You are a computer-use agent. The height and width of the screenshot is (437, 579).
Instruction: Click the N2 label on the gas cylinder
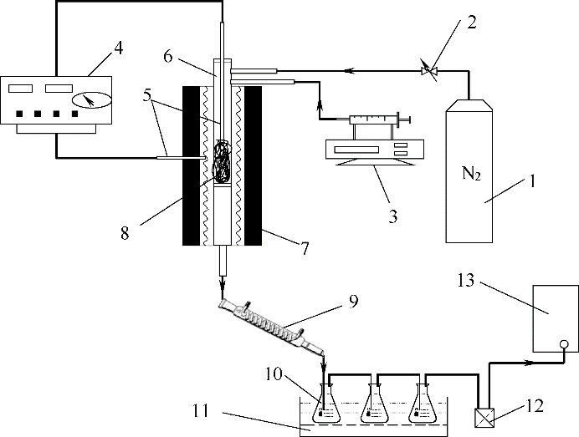pyautogui.click(x=472, y=173)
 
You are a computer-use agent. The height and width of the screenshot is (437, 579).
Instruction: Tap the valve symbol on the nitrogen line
pyautogui.click(x=429, y=70)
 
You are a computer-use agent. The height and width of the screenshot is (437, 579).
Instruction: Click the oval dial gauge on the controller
pyautogui.click(x=91, y=99)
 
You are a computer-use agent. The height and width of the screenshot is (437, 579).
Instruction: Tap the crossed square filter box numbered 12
pyautogui.click(x=484, y=418)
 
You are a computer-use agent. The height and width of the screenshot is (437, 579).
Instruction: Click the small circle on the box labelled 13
pyautogui.click(x=564, y=344)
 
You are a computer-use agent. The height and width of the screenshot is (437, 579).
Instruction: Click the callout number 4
pyautogui.click(x=117, y=48)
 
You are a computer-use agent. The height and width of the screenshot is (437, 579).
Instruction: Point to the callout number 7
pyautogui.click(x=304, y=248)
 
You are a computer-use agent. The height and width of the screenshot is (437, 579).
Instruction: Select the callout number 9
pyautogui.click(x=352, y=302)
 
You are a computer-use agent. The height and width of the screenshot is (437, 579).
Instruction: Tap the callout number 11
pyautogui.click(x=201, y=410)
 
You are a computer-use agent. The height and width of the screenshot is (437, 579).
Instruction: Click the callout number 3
pyautogui.click(x=393, y=216)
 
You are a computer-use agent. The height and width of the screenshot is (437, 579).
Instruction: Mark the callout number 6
pyautogui.click(x=167, y=57)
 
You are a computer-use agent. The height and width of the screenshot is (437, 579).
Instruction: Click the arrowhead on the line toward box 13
pyautogui.click(x=529, y=363)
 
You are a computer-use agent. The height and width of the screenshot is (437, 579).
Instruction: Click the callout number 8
pyautogui.click(x=125, y=233)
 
